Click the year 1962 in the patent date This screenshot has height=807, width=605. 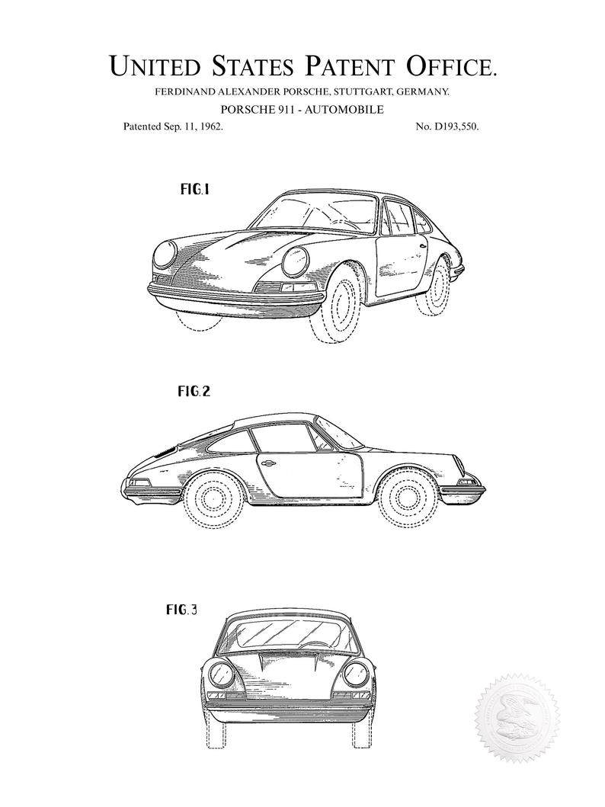pyautogui.click(x=211, y=126)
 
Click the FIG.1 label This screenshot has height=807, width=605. pyautogui.click(x=195, y=190)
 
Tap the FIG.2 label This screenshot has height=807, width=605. pyautogui.click(x=194, y=392)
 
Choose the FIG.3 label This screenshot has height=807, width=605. pyautogui.click(x=181, y=610)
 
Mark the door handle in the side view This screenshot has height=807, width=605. pyautogui.click(x=267, y=463)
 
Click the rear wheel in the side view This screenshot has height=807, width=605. pyautogui.click(x=211, y=498)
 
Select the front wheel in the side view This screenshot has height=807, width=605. pyautogui.click(x=406, y=498)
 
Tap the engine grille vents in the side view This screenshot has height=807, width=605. pyautogui.click(x=165, y=451)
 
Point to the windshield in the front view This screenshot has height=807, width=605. pyautogui.click(x=287, y=634)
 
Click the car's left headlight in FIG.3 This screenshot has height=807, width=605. pyautogui.click(x=356, y=674)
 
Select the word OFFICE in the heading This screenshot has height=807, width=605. pyautogui.click(x=452, y=66)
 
